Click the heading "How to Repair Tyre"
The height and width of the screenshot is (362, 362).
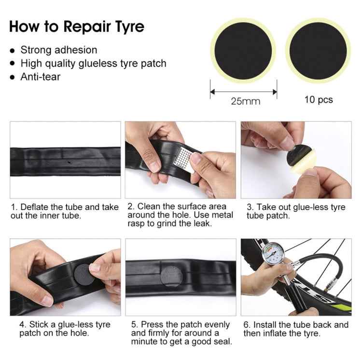76,26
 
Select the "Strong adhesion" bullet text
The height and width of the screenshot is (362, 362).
58,50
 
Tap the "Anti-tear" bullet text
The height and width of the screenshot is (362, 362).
40,76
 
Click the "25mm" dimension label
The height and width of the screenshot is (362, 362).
245,101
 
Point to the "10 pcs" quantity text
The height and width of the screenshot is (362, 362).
318,99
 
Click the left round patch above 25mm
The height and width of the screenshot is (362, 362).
243,51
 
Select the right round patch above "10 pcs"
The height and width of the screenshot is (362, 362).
318,51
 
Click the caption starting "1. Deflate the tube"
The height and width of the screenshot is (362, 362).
65,211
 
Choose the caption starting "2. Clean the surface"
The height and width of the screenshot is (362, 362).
181,215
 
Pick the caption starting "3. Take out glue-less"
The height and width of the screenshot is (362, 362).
295,211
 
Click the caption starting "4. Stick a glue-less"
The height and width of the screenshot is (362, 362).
65,329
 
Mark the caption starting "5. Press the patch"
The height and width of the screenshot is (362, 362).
180,333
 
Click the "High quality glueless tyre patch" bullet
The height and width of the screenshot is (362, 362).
93,63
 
